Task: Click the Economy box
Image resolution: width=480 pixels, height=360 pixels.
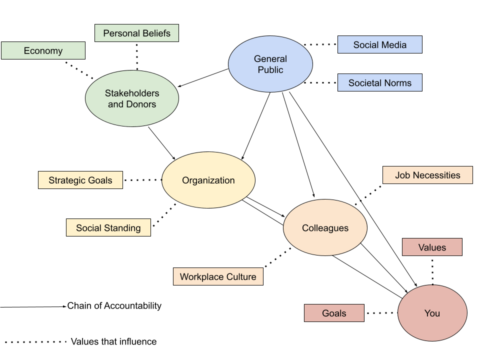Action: pos(43,50)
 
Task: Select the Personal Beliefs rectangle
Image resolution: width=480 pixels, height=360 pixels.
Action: pos(136,33)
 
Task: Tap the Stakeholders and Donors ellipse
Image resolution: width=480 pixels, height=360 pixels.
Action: pos(132,98)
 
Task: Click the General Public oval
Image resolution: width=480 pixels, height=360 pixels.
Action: pos(270,64)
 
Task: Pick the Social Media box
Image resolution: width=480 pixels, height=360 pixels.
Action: pos(380,44)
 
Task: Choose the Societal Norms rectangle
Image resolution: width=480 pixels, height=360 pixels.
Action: pos(380,82)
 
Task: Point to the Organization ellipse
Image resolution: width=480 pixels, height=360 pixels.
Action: pos(208,180)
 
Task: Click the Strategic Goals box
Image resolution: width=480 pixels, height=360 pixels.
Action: pos(80,180)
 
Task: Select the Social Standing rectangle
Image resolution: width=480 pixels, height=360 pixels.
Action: pos(108,227)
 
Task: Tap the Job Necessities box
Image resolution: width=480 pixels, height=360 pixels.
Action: pos(427,175)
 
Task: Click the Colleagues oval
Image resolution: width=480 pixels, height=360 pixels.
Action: pos(325,227)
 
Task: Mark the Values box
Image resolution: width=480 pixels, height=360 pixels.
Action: pos(432,247)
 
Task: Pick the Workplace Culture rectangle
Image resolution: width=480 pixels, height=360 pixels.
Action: pos(218,276)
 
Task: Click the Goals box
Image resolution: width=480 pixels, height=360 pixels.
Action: pos(334,313)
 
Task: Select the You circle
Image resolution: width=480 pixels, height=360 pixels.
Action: pos(432,313)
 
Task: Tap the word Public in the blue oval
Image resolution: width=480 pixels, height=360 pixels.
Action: pos(270,70)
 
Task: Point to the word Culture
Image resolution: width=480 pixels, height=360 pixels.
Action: pos(241,276)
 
